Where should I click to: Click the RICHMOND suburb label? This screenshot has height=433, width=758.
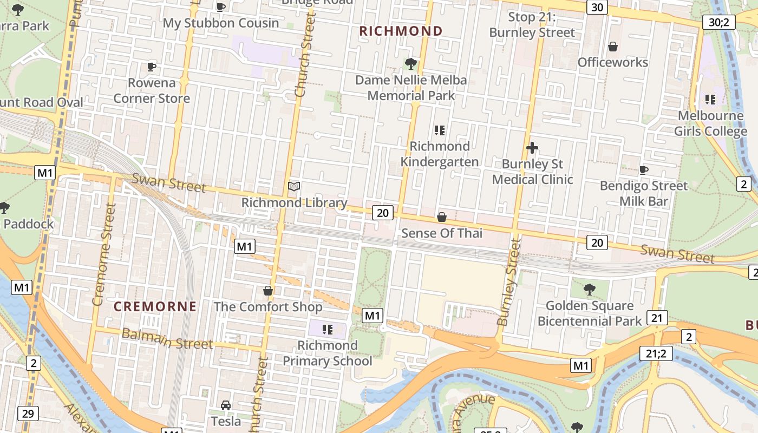click(401, 31)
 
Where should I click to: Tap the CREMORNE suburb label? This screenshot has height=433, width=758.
click(155, 307)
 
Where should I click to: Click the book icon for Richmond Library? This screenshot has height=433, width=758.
click(294, 187)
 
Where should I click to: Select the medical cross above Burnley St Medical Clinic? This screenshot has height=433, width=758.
click(532, 148)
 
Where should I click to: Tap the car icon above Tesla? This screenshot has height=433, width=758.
click(226, 405)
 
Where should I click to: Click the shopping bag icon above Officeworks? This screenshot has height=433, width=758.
click(613, 47)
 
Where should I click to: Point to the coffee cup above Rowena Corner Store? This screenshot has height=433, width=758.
click(152, 67)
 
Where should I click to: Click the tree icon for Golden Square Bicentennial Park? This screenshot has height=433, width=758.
click(590, 290)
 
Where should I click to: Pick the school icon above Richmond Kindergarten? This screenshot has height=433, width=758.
click(439, 130)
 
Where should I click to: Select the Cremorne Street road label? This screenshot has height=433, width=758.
click(104, 254)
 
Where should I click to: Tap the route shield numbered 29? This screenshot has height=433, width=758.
click(28, 414)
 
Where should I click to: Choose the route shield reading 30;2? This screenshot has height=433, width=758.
click(718, 22)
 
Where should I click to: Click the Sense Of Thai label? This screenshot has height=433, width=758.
click(441, 233)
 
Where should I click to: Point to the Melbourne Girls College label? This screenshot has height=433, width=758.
click(710, 123)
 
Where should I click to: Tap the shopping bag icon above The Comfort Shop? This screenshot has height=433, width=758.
click(268, 291)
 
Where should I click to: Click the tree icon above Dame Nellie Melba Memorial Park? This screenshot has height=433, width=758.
click(411, 64)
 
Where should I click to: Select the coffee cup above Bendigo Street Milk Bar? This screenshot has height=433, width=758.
click(644, 170)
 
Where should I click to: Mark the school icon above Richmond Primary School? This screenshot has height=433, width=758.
click(327, 329)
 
